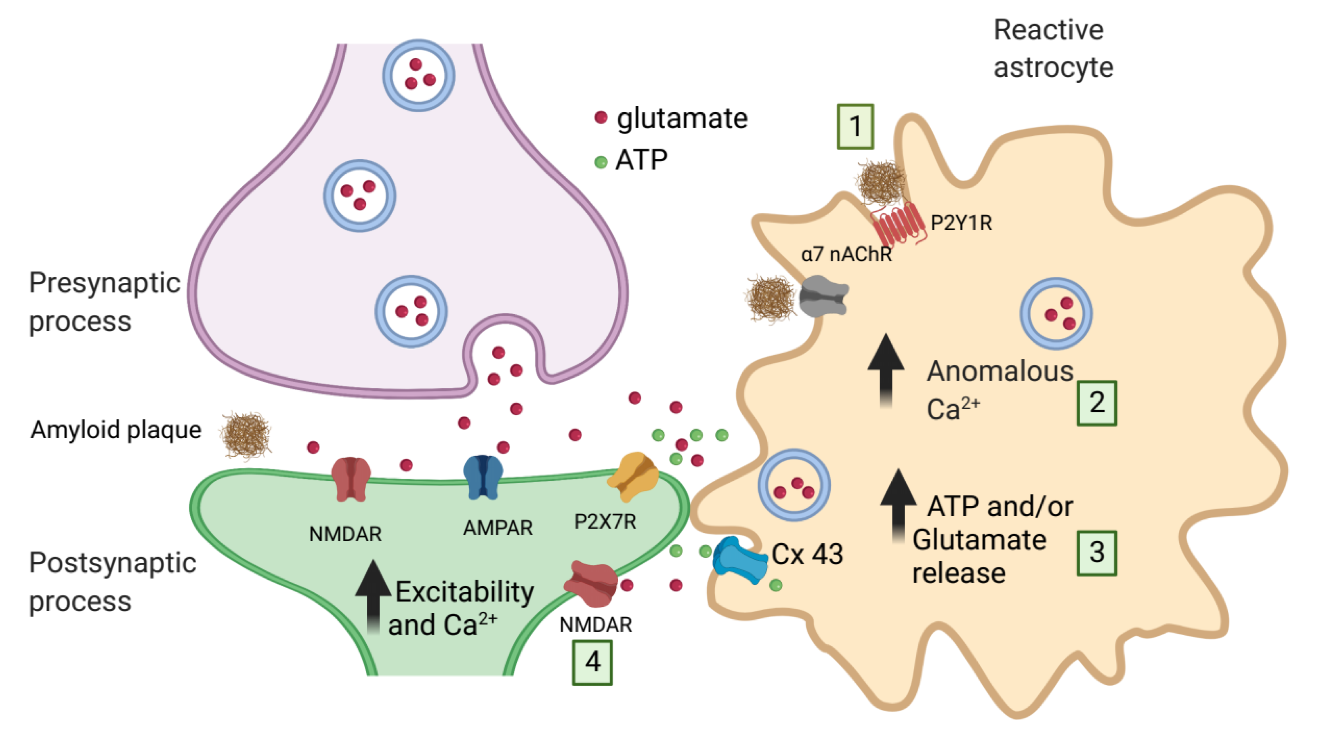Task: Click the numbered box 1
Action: point(855,126)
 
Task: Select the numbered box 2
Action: point(1096,403)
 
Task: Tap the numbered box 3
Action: point(1096,553)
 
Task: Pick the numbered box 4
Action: point(592,662)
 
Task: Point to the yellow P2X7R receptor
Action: point(633,475)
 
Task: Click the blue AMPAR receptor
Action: point(483,477)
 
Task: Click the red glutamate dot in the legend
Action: point(601,118)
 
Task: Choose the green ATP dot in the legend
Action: point(601,162)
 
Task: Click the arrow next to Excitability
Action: point(374,596)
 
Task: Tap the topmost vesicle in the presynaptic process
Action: point(418,76)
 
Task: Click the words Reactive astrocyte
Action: point(1052,48)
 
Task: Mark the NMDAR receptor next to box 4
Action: point(592,585)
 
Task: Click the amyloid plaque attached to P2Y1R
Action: point(881,182)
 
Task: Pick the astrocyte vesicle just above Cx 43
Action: point(794,486)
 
